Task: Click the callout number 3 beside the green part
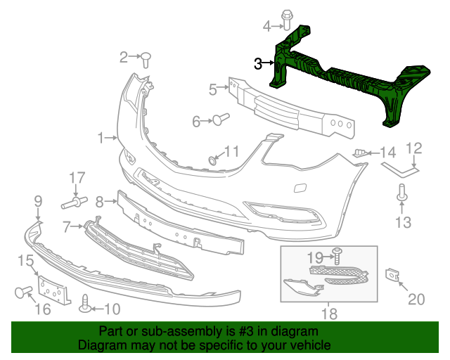[x=259, y=64]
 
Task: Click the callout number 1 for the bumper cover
[x=101, y=136]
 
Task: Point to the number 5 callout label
[x=212, y=89]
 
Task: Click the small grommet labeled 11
[x=212, y=161]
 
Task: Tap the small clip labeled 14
[x=360, y=153]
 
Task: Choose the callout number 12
[x=415, y=148]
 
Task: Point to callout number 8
[x=100, y=202]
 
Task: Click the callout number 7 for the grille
[x=67, y=226]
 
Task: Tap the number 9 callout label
[x=38, y=202]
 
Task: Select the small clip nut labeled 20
[x=391, y=274]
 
